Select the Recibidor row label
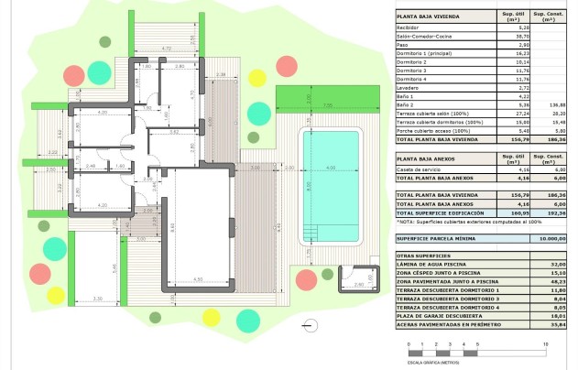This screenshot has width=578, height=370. click(x=409, y=28)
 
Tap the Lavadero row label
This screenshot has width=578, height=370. click(x=409, y=88)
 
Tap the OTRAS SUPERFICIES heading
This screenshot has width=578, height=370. click(x=424, y=256)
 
